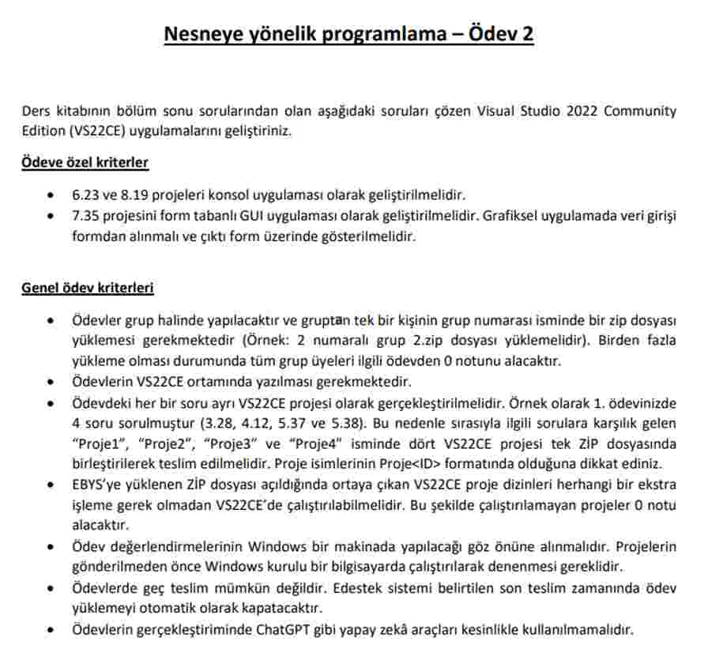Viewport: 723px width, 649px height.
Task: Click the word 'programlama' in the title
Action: [x=391, y=35]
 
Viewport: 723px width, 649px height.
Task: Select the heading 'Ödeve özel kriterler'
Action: [x=85, y=163]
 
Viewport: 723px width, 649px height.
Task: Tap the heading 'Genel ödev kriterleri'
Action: [x=88, y=288]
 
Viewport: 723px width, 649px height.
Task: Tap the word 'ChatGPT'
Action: [x=282, y=630]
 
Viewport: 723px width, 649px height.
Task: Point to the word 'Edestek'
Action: [x=359, y=589]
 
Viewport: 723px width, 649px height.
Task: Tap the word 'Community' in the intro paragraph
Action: [x=640, y=111]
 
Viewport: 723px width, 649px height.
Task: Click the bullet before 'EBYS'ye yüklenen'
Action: [x=51, y=485]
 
